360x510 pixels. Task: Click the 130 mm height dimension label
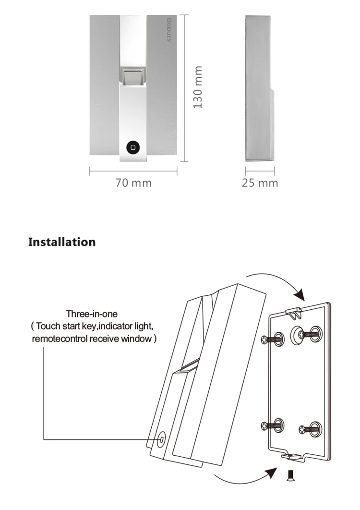coord(198,87)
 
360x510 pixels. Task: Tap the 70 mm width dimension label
coord(133,183)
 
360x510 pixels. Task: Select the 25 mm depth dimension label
coord(260,183)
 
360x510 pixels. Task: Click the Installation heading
coord(62,242)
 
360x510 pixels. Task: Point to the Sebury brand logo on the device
coord(169,30)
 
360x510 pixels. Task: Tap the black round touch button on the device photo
coord(132,147)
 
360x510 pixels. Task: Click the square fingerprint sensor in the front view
coord(132,75)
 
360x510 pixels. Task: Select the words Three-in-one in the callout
coord(92,314)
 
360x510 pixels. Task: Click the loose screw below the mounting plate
coord(289,475)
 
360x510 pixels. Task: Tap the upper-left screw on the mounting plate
coord(273,340)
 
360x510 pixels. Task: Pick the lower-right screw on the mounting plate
coord(310,429)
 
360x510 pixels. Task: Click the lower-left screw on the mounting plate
coord(273,425)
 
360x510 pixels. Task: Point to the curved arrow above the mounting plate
coord(277,279)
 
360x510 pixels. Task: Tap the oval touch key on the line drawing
coord(162,440)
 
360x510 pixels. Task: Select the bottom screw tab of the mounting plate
coord(291,456)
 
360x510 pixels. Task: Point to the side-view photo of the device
coord(259,88)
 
